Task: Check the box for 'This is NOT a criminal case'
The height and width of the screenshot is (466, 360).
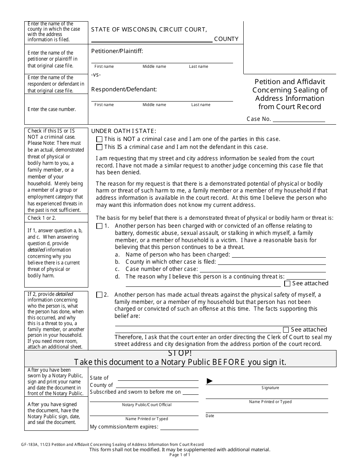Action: (99, 139)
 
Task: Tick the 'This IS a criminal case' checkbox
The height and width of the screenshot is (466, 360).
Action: (99, 147)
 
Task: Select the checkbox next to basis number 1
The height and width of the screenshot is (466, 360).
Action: (99, 226)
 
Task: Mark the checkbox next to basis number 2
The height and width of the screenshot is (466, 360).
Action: (99, 295)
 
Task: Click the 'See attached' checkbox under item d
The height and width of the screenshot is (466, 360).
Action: (288, 283)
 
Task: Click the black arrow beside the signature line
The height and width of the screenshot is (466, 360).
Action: (210, 381)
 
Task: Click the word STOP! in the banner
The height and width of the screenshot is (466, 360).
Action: (180, 354)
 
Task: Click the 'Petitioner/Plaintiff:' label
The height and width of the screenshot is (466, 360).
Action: (117, 51)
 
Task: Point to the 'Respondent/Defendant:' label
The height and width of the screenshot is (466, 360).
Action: (124, 89)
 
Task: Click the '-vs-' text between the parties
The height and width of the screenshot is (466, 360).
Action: (96, 75)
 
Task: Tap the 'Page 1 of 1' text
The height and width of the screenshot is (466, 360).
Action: (180, 455)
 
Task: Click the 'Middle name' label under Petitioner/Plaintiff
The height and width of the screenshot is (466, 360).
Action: (154, 67)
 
